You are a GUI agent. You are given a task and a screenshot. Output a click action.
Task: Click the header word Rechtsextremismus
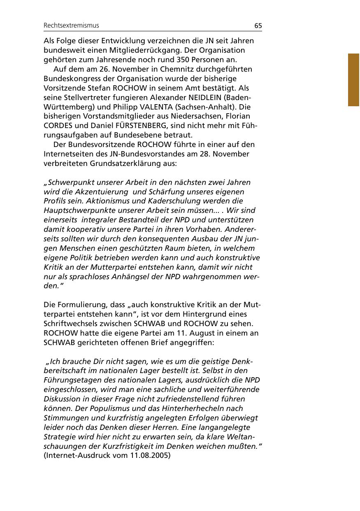click(x=71, y=26)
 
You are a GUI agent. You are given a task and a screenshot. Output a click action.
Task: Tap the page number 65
click(x=258, y=26)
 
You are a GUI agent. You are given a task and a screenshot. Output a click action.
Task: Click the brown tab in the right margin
click(x=353, y=79)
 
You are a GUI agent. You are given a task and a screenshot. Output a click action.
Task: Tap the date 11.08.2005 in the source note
click(x=149, y=456)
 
